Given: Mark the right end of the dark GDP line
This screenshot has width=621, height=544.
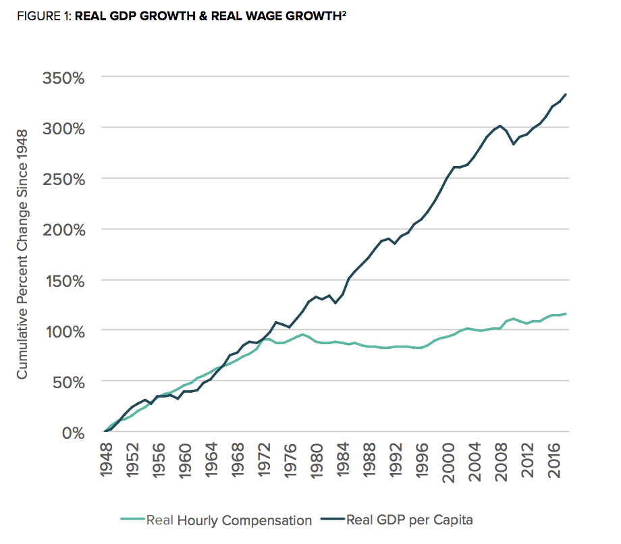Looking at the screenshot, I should click(566, 94).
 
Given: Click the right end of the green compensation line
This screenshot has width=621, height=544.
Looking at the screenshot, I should click(566, 313).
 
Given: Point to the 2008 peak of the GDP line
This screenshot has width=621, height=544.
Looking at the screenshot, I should click(500, 126).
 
